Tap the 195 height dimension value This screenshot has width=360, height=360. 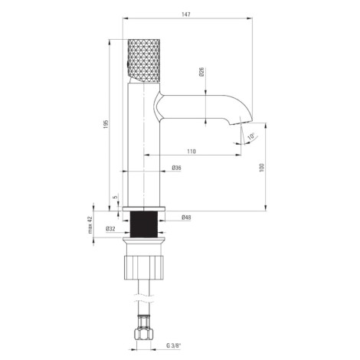point(106,124)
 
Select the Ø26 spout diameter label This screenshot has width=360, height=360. point(201,72)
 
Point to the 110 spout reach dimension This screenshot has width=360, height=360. point(191,152)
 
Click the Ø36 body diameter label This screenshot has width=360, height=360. point(176,168)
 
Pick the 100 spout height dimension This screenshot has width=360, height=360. point(261,168)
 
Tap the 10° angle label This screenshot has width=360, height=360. point(251,136)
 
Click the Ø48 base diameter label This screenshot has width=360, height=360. point(186,218)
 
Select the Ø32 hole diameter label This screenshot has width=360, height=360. point(110,229)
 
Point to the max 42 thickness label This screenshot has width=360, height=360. point(90,225)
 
